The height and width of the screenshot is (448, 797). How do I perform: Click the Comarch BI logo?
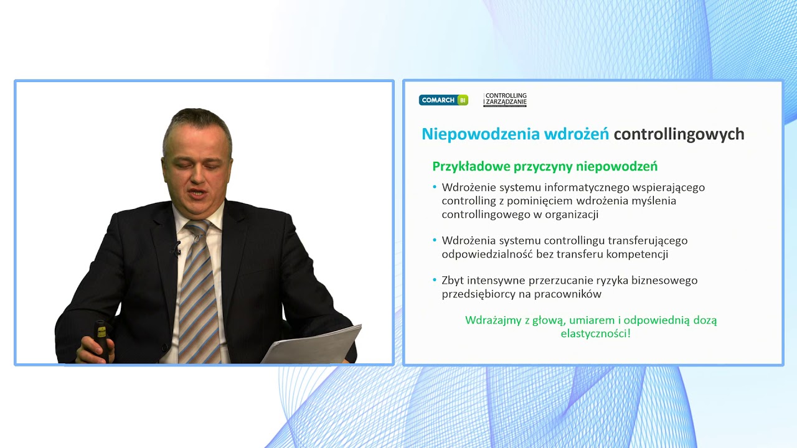coord(443,100)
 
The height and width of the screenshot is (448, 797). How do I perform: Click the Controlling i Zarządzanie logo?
coord(505,100)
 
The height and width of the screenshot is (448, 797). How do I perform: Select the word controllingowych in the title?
coord(679,134)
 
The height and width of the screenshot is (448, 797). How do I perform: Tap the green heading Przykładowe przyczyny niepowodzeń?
coord(545,167)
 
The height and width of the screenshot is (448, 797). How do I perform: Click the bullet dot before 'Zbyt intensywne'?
coord(435,281)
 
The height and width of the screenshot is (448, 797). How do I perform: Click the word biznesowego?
coord(666,281)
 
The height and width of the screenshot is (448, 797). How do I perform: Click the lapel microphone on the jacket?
coord(177,250)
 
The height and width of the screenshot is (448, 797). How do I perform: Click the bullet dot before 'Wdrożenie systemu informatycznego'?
coord(435,187)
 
